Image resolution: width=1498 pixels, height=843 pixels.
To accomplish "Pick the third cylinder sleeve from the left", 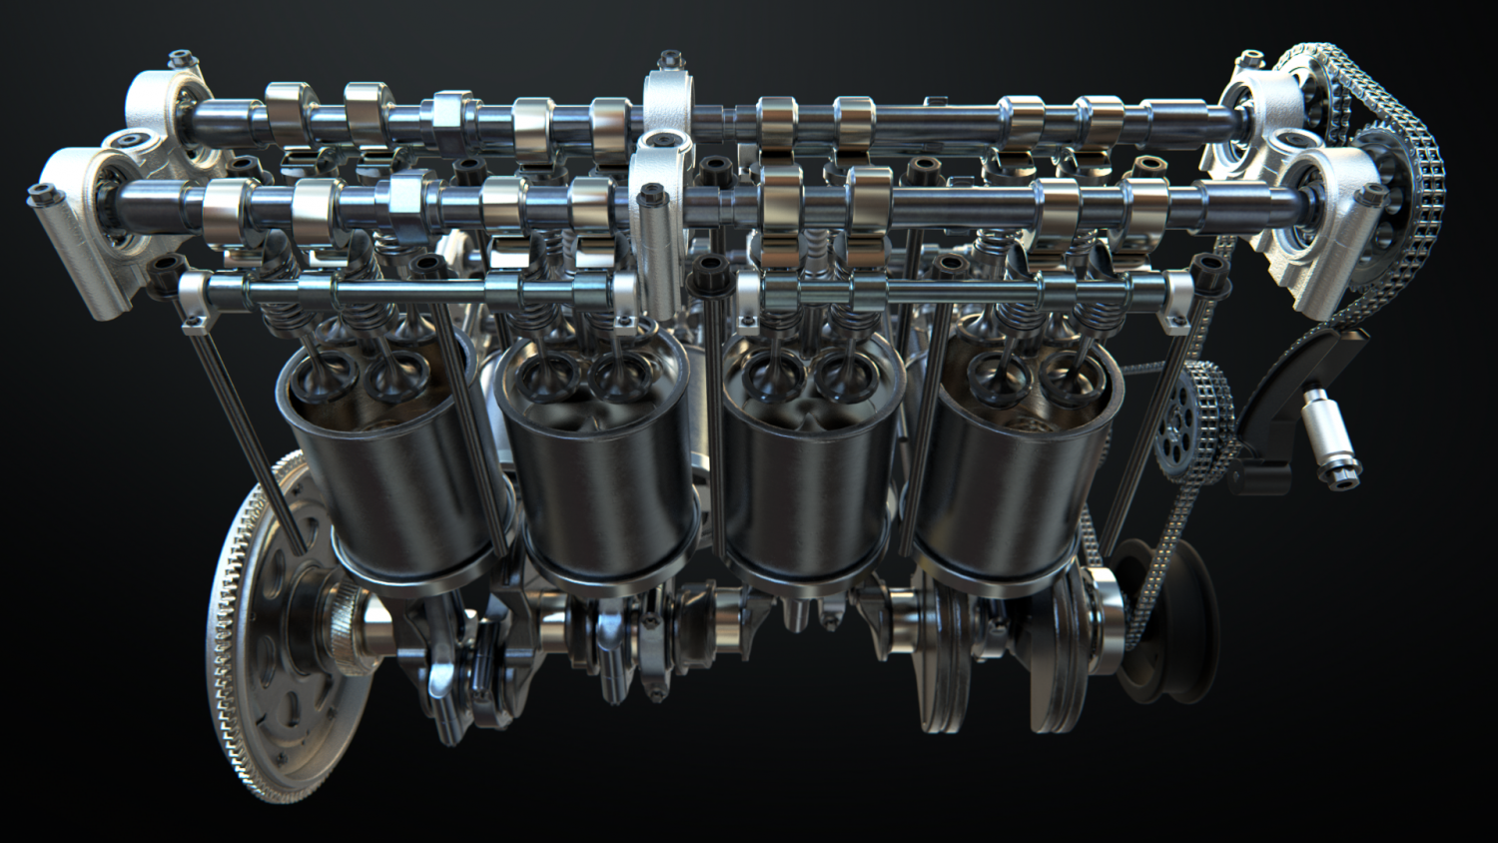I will coord(809,499).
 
